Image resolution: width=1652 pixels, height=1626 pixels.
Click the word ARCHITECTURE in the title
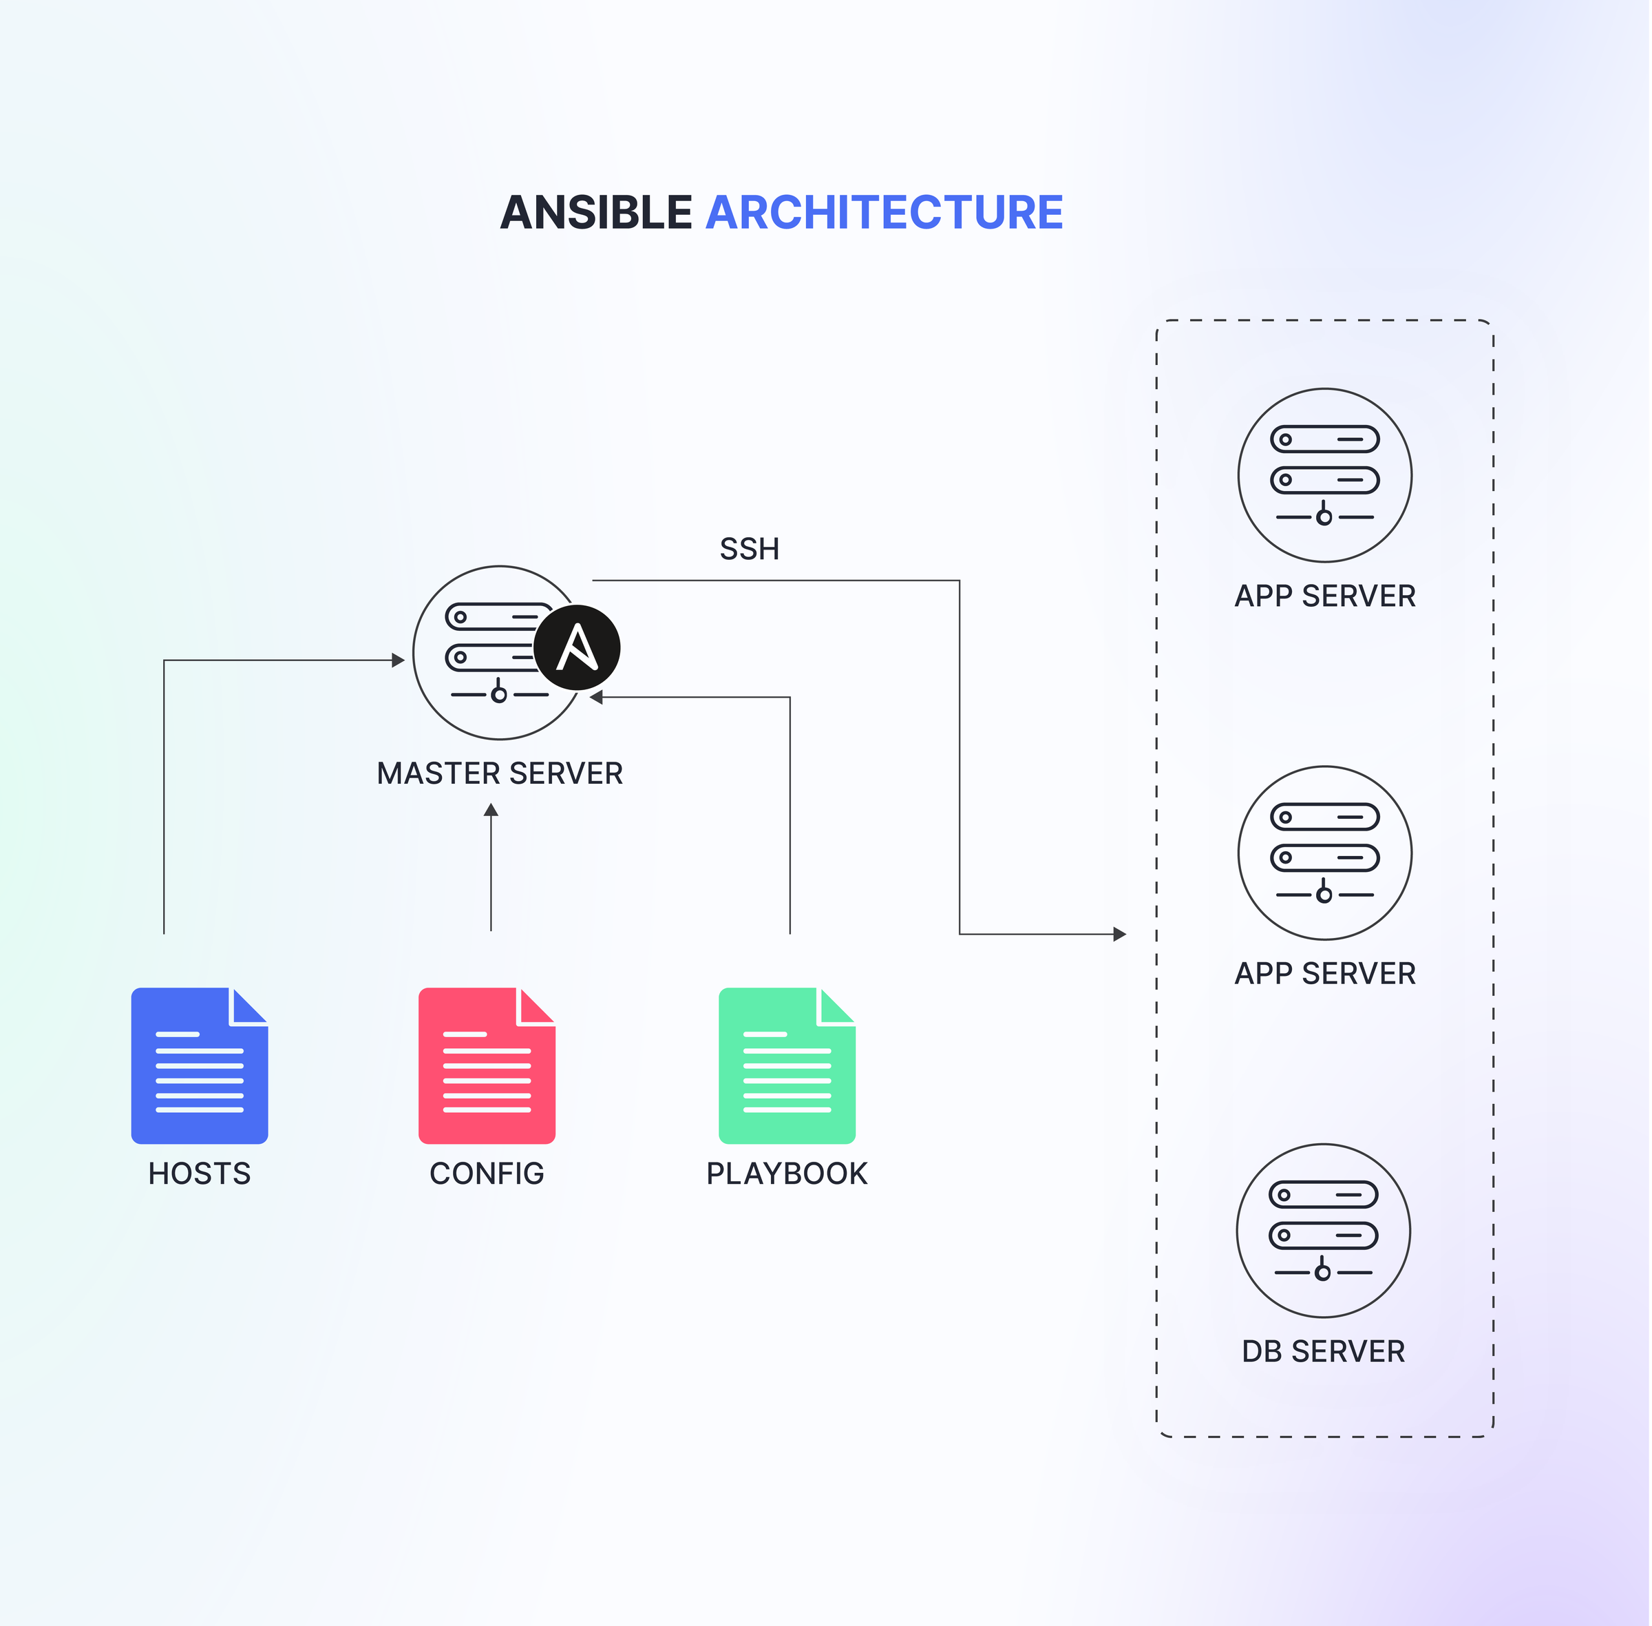884,213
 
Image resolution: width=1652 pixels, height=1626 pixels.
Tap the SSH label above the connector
749,549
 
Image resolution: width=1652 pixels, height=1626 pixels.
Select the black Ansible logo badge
577,647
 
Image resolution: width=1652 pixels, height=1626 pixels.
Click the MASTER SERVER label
500,773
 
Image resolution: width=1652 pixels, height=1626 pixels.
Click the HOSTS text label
199,1174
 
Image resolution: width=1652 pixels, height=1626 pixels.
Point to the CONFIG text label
487,1174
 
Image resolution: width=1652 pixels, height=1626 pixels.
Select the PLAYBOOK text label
786,1174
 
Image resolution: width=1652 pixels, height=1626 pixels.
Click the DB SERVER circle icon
1323,1231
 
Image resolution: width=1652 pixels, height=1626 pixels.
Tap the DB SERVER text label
1323,1352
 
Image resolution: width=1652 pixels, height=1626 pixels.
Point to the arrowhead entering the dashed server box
1120,935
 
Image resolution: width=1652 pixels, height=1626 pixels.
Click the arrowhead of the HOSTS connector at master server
398,660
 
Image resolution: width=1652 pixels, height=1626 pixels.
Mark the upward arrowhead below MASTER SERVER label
491,810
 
